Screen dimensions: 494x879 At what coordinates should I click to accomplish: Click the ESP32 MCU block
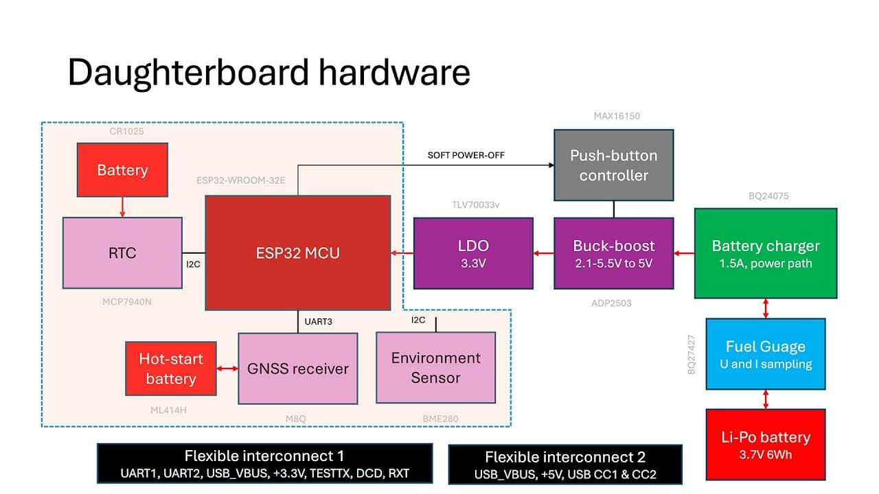(x=298, y=252)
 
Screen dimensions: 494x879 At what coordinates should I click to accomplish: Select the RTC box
(x=122, y=252)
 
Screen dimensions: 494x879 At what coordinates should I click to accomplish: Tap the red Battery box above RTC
(x=122, y=170)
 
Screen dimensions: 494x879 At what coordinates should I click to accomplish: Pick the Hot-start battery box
(x=171, y=368)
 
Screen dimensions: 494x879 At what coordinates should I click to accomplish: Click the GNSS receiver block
(x=298, y=368)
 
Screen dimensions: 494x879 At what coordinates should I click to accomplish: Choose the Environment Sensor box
(x=435, y=368)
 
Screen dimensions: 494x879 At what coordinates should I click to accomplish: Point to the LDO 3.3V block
(x=473, y=252)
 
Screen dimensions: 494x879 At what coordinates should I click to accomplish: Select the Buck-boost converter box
(x=614, y=252)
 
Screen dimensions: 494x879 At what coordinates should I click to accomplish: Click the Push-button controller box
(x=613, y=165)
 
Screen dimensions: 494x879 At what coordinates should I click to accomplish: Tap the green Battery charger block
(x=766, y=253)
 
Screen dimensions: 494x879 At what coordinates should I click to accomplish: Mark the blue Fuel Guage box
(x=766, y=354)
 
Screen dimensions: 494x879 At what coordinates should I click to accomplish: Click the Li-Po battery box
(x=766, y=444)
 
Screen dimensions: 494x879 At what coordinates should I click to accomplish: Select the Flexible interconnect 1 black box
(x=264, y=464)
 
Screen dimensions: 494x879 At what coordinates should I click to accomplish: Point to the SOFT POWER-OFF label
(x=466, y=155)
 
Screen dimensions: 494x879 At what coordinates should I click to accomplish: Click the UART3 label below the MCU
(x=318, y=320)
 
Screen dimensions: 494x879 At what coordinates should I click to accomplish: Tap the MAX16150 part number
(x=617, y=116)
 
